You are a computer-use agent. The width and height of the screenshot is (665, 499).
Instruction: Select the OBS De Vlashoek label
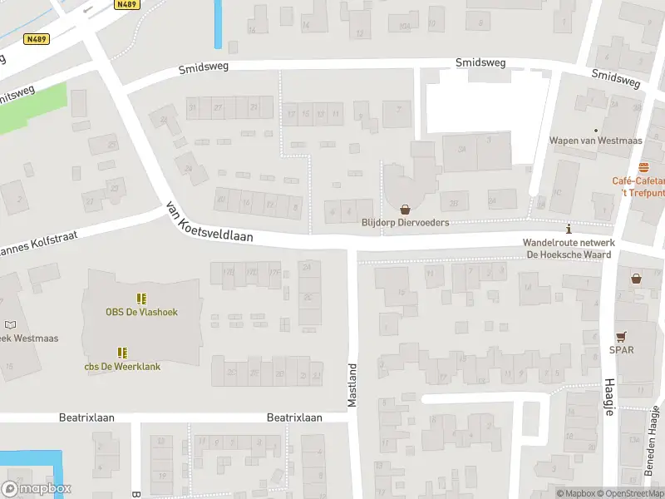coord(141,312)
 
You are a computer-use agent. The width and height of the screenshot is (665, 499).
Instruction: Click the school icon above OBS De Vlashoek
coord(141,298)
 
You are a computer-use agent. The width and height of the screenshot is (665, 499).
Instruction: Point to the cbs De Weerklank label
coord(122,366)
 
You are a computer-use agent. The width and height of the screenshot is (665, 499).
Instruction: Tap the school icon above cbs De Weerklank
coord(122,353)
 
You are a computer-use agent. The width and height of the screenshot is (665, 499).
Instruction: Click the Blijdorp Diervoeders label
coord(405,223)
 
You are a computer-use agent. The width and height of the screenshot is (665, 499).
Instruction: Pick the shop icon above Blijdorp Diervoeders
coord(405,210)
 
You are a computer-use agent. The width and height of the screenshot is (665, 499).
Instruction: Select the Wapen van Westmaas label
coord(596,141)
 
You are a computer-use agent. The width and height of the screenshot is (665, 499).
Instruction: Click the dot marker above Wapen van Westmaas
coord(596,130)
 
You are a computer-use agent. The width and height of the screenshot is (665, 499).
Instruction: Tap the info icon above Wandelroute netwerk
coord(569,229)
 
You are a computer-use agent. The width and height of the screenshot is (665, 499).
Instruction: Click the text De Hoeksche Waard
coord(569,254)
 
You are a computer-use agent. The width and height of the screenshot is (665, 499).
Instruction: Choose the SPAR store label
coord(621,350)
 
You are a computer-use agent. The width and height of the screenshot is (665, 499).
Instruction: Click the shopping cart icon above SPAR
coord(621,336)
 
